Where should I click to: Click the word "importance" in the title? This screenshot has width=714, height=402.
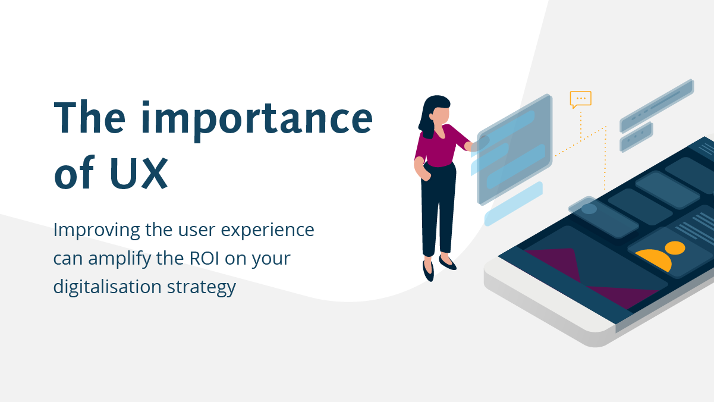click(x=257, y=120)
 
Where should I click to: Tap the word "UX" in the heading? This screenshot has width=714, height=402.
click(x=139, y=174)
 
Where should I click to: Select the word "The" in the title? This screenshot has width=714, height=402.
click(x=90, y=117)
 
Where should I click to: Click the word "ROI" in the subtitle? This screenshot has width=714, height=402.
click(x=204, y=258)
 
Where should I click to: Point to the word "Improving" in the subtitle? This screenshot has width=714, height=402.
click(x=96, y=231)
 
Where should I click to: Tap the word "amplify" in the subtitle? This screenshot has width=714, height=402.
click(x=119, y=259)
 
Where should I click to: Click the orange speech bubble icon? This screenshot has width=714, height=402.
click(x=580, y=99)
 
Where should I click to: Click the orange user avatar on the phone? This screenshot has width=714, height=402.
click(x=662, y=255)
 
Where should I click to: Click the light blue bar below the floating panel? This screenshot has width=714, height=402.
click(x=513, y=204)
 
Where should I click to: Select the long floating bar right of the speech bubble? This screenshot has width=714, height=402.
click(x=656, y=105)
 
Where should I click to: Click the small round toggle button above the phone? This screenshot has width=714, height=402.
click(x=589, y=209)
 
